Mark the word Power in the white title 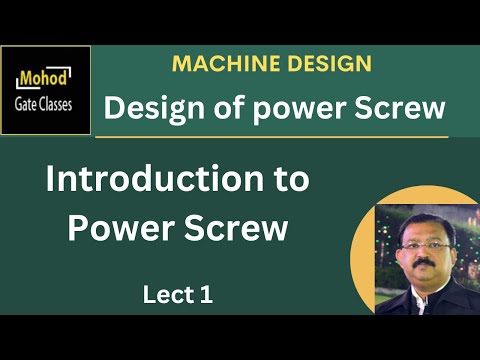(122, 227)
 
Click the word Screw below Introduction (238, 227)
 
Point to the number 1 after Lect (206, 295)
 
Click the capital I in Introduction (53, 181)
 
